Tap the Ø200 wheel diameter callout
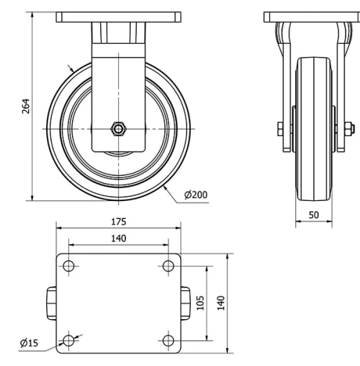pyautogui.click(x=197, y=195)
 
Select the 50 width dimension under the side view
pyautogui.click(x=314, y=215)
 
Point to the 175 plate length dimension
pyautogui.click(x=119, y=220)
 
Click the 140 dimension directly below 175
pyautogui.click(x=119, y=238)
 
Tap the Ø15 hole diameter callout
pyautogui.click(x=30, y=344)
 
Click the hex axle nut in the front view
pyautogui.click(x=118, y=128)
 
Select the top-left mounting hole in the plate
pyautogui.click(x=69, y=266)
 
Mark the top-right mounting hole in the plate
pyautogui.click(x=168, y=266)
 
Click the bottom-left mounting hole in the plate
pyautogui.click(x=69, y=340)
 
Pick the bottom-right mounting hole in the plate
pyautogui.click(x=168, y=340)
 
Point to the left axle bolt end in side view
pyautogui.click(x=279, y=129)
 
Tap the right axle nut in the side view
pyautogui.click(x=348, y=129)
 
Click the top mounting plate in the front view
pyautogui.click(x=118, y=17)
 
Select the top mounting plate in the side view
pyautogui.click(x=314, y=17)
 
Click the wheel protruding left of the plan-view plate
pyautogui.click(x=53, y=302)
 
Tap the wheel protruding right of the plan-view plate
pyautogui.click(x=185, y=302)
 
